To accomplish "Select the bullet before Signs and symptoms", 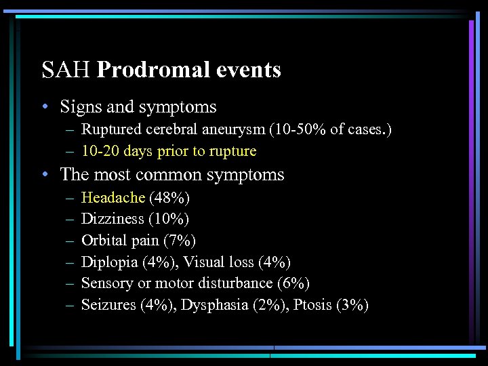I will [x=44, y=107].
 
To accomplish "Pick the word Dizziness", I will [x=113, y=219].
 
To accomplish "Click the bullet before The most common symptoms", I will [x=44, y=175].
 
